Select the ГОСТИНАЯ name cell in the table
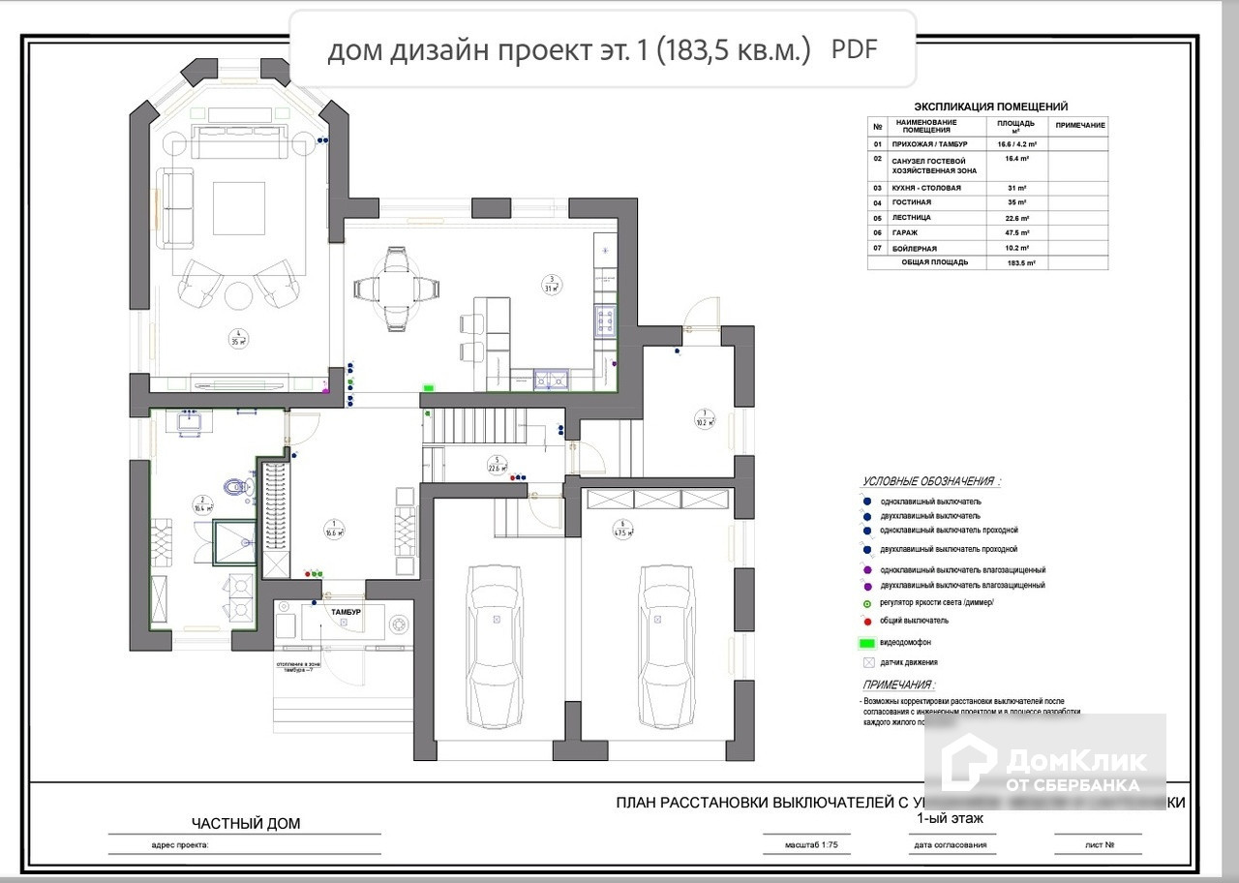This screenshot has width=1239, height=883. click(914, 203)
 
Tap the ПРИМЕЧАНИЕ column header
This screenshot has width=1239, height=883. click(1079, 127)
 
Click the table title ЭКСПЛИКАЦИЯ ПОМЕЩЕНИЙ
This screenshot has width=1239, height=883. click(991, 107)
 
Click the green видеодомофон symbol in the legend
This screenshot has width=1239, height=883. click(867, 642)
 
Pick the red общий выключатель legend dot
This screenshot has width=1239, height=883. click(867, 621)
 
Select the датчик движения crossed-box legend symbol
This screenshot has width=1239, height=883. click(867, 663)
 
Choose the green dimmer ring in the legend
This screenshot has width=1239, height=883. click(867, 602)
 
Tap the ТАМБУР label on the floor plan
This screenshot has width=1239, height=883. click(345, 613)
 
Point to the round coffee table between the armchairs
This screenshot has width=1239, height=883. click(238, 294)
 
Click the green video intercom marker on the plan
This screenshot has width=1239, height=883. click(427, 387)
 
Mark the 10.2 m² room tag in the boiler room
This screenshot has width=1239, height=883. click(704, 419)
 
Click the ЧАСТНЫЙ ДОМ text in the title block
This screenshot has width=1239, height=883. click(246, 824)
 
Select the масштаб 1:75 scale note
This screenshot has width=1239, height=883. click(800, 844)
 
